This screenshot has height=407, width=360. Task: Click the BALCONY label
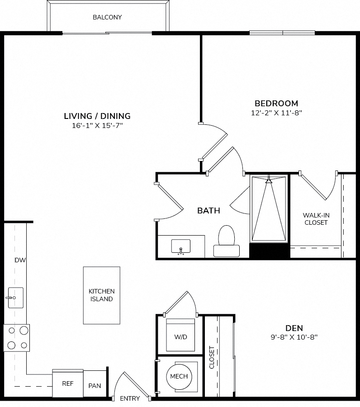107,17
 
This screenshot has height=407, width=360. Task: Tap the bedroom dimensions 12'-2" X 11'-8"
276,113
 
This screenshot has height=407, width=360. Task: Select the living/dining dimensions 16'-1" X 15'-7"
97,126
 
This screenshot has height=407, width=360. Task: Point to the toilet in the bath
226,241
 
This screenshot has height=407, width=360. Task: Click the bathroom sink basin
180,246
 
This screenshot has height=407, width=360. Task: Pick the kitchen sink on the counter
15,298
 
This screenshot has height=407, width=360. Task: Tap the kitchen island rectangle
101,295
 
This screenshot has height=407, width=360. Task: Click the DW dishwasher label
20,260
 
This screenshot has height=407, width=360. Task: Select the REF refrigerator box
68,383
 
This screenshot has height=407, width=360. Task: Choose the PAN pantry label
95,386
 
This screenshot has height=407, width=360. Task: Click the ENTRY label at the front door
130,398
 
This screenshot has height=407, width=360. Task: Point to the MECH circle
179,376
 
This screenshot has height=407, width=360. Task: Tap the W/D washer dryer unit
180,335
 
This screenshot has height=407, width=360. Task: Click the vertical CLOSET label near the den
212,357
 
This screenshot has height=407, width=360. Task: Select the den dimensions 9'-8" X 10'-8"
294,337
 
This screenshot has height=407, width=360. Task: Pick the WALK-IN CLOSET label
316,219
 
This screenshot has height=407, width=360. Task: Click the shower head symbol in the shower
269,180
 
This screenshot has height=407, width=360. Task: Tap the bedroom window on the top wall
282,33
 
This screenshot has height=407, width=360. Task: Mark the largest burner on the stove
24,331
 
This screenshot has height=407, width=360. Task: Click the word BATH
208,210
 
